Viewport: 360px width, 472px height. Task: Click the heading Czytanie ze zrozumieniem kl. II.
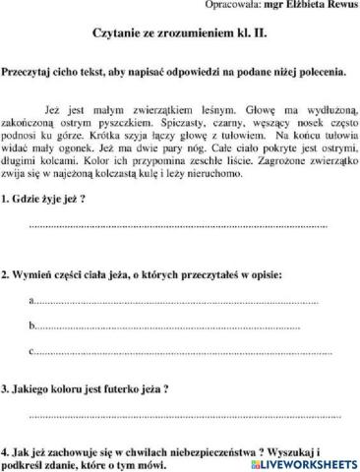coord(181,33)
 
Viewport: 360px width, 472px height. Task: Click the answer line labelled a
coord(177,300)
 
